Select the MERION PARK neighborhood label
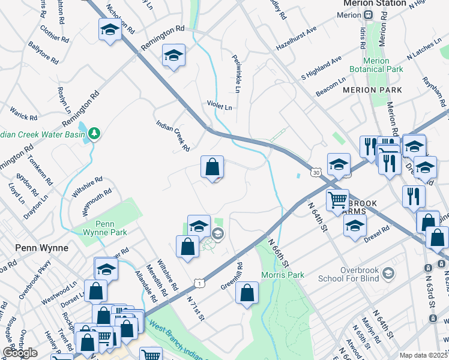coord(372,89)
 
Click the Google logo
coord(20,353)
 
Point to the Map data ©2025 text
coord(423,355)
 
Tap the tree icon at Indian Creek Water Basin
coord(95,133)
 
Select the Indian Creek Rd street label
coord(173,135)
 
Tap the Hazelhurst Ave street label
coord(296,38)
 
